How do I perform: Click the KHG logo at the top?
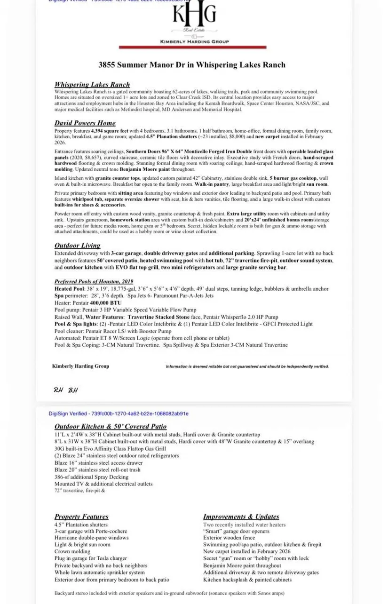tap(194, 16)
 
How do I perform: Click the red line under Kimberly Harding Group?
tap(192, 48)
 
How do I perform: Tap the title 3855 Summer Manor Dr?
tap(192, 65)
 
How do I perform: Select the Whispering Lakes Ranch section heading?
tap(92, 85)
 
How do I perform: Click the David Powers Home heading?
tap(85, 123)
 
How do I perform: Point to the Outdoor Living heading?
tap(77, 246)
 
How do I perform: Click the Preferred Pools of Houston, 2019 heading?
tap(94, 281)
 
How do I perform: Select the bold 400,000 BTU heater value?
tap(103, 303)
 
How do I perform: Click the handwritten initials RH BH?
tap(65, 390)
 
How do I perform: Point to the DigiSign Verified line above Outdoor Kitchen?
tap(119, 413)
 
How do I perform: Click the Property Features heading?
tap(81, 517)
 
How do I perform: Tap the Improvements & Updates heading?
tap(241, 517)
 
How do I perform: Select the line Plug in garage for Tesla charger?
tap(90, 558)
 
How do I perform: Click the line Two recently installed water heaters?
tap(244, 525)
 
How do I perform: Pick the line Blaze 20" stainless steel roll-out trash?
tap(97, 469)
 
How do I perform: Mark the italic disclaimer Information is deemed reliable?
tap(247, 366)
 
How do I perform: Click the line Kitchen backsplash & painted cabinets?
tap(247, 580)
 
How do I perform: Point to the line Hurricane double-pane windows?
tap(91, 538)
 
